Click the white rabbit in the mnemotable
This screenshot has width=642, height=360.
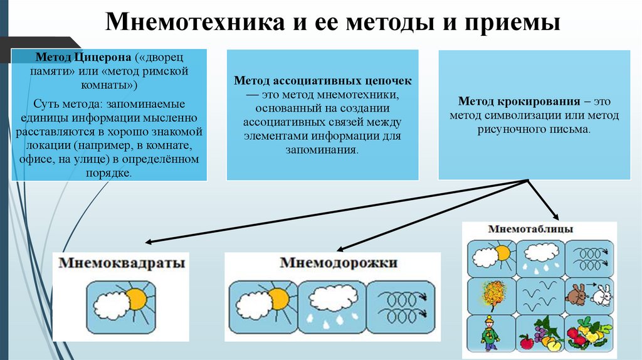[601, 295]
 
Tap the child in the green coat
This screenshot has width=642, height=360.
[490, 332]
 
